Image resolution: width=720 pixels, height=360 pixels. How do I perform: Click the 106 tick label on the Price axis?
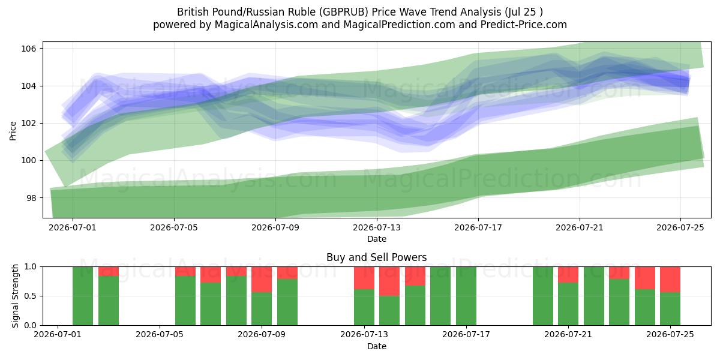point(28,49)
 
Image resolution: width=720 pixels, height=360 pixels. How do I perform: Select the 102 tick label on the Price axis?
point(28,124)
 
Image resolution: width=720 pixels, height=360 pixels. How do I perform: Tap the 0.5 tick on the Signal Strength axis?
point(31,296)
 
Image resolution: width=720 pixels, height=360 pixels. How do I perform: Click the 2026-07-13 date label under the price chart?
point(377,227)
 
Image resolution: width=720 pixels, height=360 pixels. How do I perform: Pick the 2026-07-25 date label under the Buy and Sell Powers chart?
point(670,335)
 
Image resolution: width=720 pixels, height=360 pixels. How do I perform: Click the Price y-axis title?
point(13,131)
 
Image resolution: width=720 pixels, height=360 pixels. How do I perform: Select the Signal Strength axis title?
point(15,296)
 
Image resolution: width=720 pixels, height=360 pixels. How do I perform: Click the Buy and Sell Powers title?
point(377,257)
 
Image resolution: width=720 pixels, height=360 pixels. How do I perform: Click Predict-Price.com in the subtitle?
point(524,25)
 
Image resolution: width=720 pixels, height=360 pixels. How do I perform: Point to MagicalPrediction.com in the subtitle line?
point(399,25)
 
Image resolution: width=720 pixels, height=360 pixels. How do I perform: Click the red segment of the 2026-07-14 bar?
point(389,281)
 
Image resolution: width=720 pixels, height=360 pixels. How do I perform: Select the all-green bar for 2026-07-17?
point(466,296)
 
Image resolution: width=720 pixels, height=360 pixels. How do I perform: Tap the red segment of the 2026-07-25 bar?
point(670,280)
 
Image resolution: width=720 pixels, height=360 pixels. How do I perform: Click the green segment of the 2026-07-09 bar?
point(262,309)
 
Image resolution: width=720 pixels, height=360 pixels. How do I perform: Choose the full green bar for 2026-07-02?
point(83,296)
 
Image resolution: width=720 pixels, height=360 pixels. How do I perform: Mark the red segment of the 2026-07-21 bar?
point(568,275)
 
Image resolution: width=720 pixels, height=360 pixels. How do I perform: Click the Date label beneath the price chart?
point(377,239)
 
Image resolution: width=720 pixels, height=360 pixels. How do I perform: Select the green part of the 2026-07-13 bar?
point(364,307)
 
